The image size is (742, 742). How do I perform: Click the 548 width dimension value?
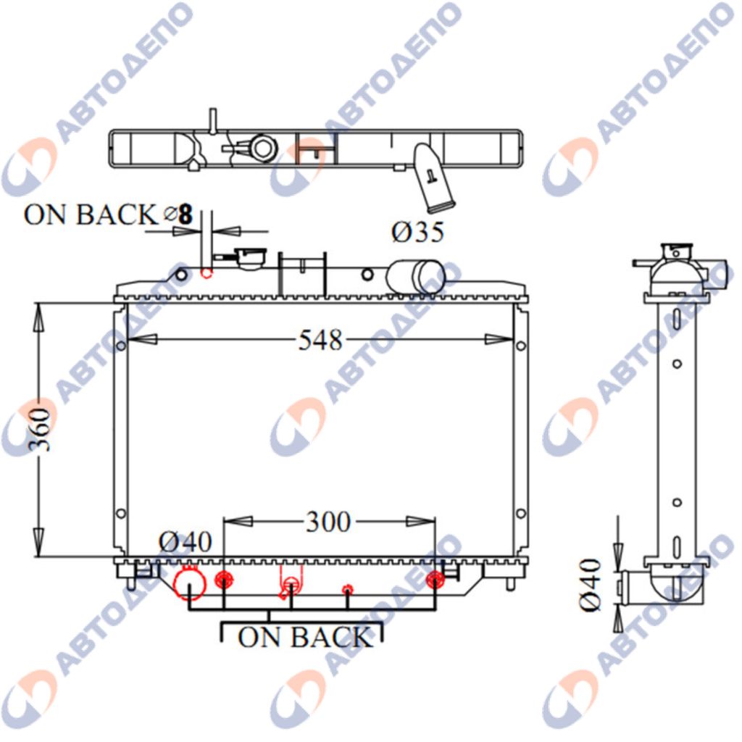tap(320, 340)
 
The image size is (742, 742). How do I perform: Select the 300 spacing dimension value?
tap(328, 522)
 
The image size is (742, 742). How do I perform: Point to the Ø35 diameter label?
tap(418, 232)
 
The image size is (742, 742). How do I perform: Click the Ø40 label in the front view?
tap(185, 542)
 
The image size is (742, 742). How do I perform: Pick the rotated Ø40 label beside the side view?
tap(591, 585)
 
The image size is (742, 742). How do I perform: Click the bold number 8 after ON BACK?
tap(186, 214)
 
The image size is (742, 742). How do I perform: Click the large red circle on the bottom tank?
tap(190, 583)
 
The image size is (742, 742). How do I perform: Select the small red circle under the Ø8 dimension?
tap(206, 273)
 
